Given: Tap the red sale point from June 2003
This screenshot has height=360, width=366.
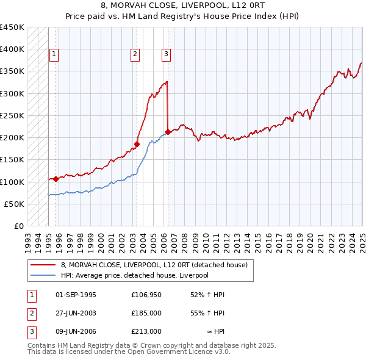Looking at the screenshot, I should tap(137, 145).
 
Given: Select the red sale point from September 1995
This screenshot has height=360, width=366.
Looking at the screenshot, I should tap(56, 179).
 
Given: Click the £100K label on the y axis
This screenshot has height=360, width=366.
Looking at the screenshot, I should tap(13, 182).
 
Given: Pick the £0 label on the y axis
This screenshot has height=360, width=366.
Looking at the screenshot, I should tap(18, 226).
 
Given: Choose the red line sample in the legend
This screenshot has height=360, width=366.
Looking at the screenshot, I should tap(43, 265).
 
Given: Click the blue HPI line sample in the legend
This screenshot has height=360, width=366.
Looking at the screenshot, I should tap(43, 275).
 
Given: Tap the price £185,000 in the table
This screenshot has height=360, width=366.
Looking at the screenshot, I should tap(146, 313).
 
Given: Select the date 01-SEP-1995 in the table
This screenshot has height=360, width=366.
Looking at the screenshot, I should tap(76, 295).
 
